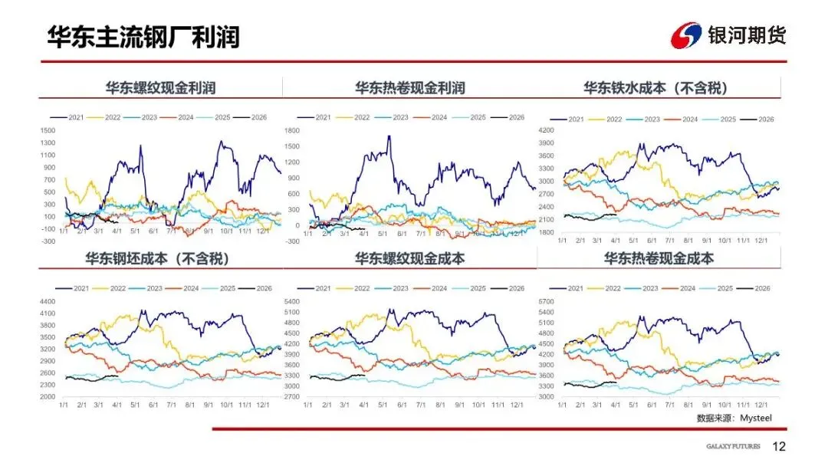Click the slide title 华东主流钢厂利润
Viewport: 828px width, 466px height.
(143, 37)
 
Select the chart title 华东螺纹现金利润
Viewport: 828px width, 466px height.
(160, 88)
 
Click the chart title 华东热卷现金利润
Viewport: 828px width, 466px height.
(409, 88)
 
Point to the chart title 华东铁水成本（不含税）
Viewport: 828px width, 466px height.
(655, 88)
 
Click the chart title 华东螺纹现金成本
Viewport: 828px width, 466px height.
(409, 258)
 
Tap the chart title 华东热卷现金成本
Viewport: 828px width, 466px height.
(659, 258)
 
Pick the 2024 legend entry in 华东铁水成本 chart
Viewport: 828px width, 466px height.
(690, 120)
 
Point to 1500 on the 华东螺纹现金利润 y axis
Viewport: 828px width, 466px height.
(48, 130)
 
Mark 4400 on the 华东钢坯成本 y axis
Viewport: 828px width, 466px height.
(48, 301)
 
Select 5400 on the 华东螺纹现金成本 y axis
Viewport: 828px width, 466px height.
(295, 301)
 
